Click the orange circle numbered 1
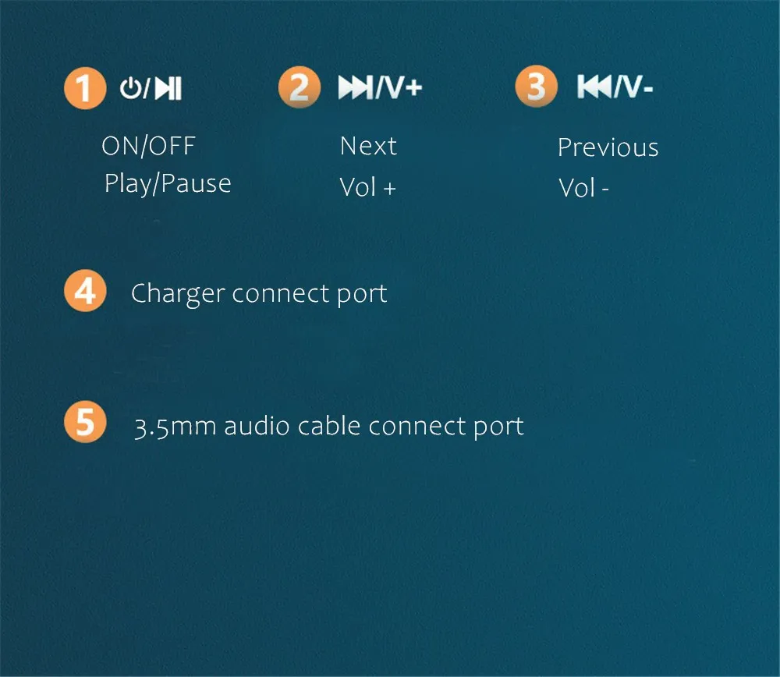tap(84, 89)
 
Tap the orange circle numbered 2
tap(299, 87)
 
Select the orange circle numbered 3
tap(536, 86)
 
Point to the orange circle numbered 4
tap(84, 292)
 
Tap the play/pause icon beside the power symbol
tap(168, 89)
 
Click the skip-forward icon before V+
tap(355, 88)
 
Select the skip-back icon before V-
tap(594, 87)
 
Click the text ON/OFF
tap(148, 146)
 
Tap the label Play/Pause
tap(168, 184)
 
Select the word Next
tap(368, 146)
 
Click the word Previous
tap(608, 147)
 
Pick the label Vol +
tap(367, 187)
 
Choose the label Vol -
tap(583, 188)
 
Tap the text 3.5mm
tap(175, 427)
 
